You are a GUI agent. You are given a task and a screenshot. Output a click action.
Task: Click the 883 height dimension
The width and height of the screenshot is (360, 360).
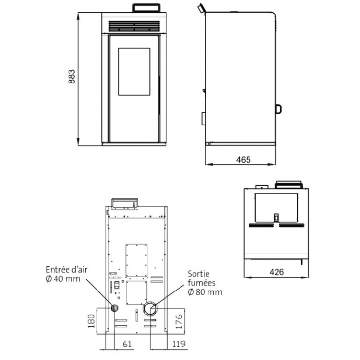pyautogui.click(x=72, y=76)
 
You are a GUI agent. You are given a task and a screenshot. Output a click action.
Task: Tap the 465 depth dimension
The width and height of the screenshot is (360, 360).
pyautogui.click(x=243, y=160)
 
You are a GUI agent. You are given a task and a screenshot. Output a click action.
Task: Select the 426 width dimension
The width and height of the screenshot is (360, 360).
pyautogui.click(x=277, y=272)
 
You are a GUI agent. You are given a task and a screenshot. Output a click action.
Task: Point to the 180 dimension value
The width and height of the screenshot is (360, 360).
pyautogui.click(x=92, y=321)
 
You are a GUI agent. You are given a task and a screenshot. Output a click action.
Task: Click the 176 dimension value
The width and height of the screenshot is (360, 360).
pyautogui.click(x=179, y=321)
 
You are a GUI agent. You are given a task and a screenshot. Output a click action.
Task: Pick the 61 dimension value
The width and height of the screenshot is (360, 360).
pyautogui.click(x=127, y=344)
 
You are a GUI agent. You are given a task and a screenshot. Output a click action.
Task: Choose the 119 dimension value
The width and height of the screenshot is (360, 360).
pyautogui.click(x=179, y=344)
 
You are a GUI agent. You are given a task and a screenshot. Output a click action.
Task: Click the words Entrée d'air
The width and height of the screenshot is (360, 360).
pyautogui.click(x=67, y=270)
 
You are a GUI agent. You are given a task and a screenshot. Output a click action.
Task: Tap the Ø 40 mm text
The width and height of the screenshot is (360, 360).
pyautogui.click(x=63, y=279)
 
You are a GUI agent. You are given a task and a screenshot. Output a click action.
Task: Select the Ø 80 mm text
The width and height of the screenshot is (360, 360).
pyautogui.click(x=205, y=292)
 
